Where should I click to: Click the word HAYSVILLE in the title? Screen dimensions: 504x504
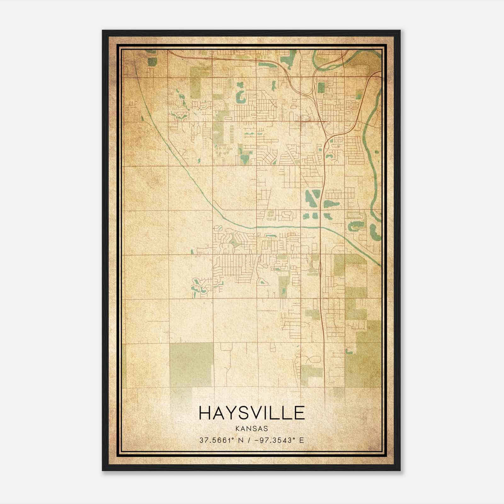click(x=252, y=413)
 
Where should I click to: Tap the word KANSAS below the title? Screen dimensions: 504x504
click(x=252, y=429)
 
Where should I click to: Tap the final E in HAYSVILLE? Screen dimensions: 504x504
click(x=299, y=413)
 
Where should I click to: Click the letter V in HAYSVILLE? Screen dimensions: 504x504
click(x=254, y=413)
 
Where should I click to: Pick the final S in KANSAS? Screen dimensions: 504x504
click(x=266, y=429)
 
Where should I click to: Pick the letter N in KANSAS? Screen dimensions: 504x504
click(x=249, y=429)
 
